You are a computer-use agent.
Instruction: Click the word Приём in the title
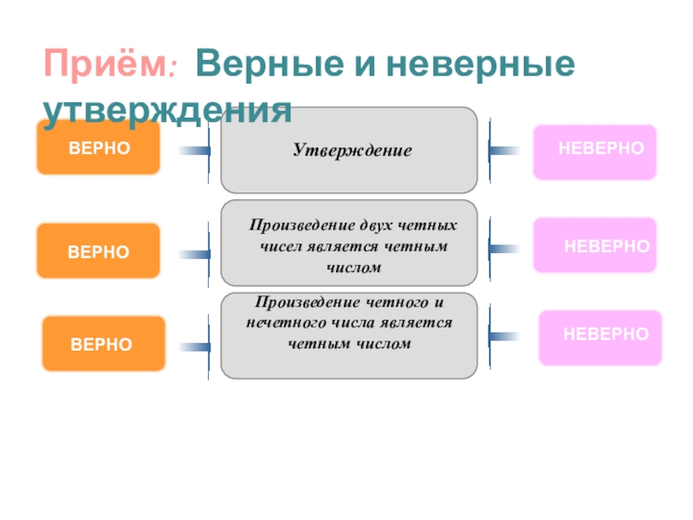pyautogui.click(x=106, y=62)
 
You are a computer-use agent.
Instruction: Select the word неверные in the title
pyautogui.click(x=481, y=63)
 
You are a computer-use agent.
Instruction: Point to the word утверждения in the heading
pyautogui.click(x=167, y=111)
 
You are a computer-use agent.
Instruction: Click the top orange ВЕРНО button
pyautogui.click(x=98, y=146)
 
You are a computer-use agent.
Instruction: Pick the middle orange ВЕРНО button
pyautogui.click(x=98, y=250)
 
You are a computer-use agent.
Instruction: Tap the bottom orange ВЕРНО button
pyautogui.click(x=103, y=343)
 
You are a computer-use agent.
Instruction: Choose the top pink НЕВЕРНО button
pyautogui.click(x=595, y=153)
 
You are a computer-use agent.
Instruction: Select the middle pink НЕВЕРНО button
pyautogui.click(x=595, y=245)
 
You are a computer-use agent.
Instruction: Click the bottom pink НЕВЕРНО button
pyautogui.click(x=600, y=338)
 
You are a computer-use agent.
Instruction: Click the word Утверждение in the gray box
pyautogui.click(x=353, y=150)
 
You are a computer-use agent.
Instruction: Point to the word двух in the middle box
pyautogui.click(x=375, y=225)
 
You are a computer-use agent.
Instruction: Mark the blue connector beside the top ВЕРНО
pyautogui.click(x=194, y=151)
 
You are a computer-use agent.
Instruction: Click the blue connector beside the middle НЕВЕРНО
pyautogui.click(x=503, y=249)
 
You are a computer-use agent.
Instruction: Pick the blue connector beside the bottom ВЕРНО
pyautogui.click(x=194, y=348)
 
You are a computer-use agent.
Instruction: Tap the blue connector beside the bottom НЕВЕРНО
pyautogui.click(x=503, y=337)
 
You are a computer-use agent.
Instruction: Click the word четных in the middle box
pyautogui.click(x=427, y=225)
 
